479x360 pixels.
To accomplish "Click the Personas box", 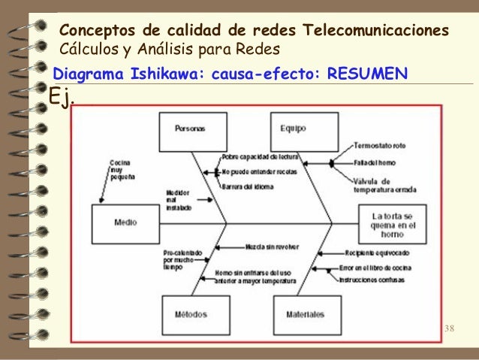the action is pos(189,129).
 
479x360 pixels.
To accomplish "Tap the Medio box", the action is pos(125,222).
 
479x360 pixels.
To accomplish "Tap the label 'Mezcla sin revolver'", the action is pos(270,247).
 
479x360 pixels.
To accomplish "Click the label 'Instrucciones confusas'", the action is pos(374,280).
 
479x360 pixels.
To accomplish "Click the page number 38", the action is pos(450,329).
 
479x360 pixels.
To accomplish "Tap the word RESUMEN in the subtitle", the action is pos(368,74).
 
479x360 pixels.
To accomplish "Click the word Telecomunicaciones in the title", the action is pos(375,32).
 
